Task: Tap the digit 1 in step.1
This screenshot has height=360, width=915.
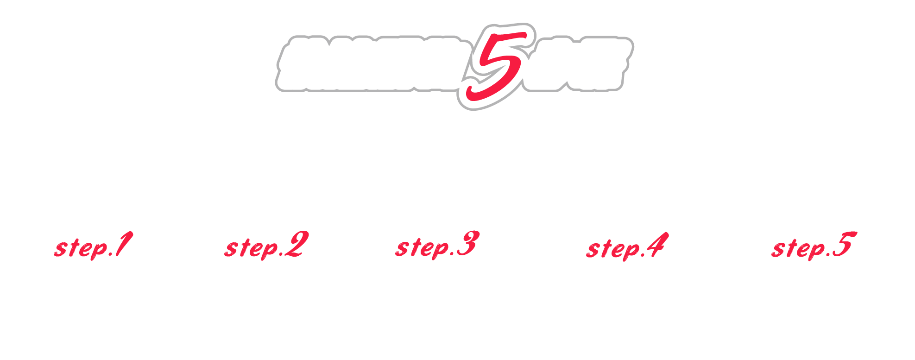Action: click(x=123, y=244)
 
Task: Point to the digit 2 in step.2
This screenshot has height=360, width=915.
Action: click(x=296, y=244)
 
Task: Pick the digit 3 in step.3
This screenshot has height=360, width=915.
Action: click(x=467, y=244)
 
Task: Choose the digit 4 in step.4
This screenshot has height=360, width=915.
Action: click(x=656, y=245)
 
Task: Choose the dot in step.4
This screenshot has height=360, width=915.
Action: click(x=643, y=255)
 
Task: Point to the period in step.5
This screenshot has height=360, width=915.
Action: click(x=828, y=254)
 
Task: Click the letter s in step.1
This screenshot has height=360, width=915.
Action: click(x=60, y=249)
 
